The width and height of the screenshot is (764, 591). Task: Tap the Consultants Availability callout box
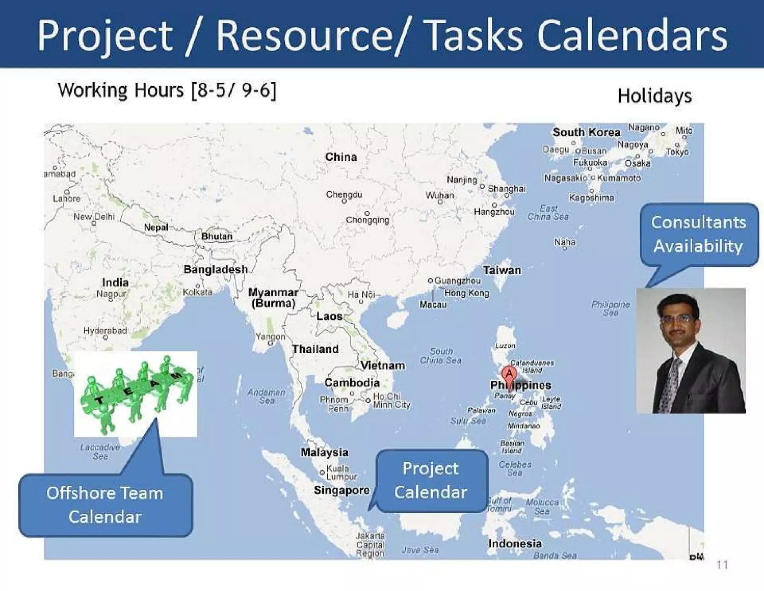pyautogui.click(x=699, y=234)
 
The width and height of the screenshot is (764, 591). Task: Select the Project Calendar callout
pyautogui.click(x=431, y=480)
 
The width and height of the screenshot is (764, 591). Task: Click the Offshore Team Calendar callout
pyautogui.click(x=105, y=505)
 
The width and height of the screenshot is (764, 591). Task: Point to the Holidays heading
pyautogui.click(x=655, y=96)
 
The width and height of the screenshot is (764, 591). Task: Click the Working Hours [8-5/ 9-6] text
pyautogui.click(x=167, y=90)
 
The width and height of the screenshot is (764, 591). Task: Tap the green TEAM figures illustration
pyautogui.click(x=136, y=394)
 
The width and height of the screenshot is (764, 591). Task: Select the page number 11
pyautogui.click(x=722, y=564)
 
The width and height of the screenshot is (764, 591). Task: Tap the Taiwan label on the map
pyautogui.click(x=502, y=270)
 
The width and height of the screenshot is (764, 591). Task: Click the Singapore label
pyautogui.click(x=342, y=490)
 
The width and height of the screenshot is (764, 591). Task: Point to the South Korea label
pyautogui.click(x=586, y=132)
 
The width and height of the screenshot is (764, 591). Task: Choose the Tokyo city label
pyautogui.click(x=677, y=152)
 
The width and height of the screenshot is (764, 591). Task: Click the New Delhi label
pyautogui.click(x=94, y=217)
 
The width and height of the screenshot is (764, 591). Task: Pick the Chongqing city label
pyautogui.click(x=367, y=220)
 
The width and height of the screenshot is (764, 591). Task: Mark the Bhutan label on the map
pyautogui.click(x=217, y=236)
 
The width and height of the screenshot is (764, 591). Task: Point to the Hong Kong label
pyautogui.click(x=466, y=293)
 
